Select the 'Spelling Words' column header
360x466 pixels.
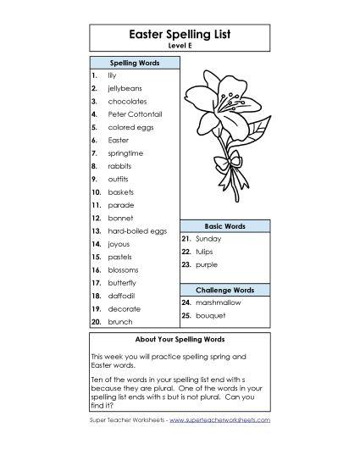tap(133, 64)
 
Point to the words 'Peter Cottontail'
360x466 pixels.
tap(135, 113)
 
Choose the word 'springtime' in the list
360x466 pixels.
tap(127, 154)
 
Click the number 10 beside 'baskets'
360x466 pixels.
tap(96, 192)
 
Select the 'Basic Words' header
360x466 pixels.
tap(224, 227)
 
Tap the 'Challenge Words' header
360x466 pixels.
tap(224, 290)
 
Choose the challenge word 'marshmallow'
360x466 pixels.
tap(222, 302)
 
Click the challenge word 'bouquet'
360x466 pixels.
tap(212, 315)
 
